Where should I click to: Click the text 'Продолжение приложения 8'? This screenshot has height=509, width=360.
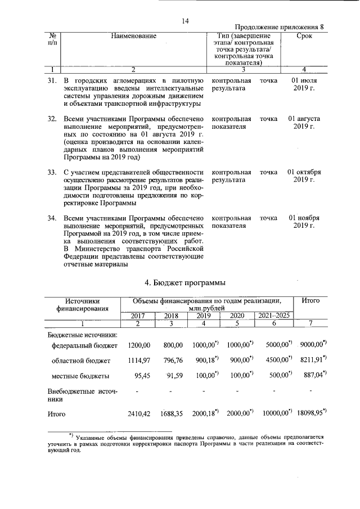tap(280, 28)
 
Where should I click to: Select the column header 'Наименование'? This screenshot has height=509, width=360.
tap(133, 36)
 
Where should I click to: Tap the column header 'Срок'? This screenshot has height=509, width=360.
tap(304, 36)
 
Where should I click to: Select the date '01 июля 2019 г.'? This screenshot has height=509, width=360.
tap(304, 85)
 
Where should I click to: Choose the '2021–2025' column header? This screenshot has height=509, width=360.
tap(274, 316)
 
